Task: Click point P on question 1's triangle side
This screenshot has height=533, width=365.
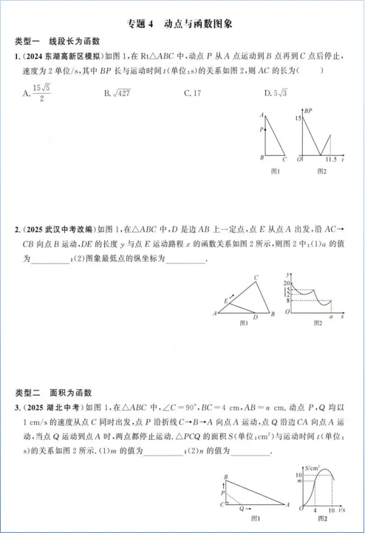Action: tap(262, 130)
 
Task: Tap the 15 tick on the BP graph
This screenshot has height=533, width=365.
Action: tap(298, 118)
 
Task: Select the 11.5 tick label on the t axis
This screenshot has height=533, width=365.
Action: tap(331, 160)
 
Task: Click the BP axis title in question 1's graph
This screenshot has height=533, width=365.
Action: tap(309, 111)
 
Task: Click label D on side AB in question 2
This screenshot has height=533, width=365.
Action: tap(256, 317)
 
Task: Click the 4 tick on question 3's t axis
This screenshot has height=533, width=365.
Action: tap(314, 512)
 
